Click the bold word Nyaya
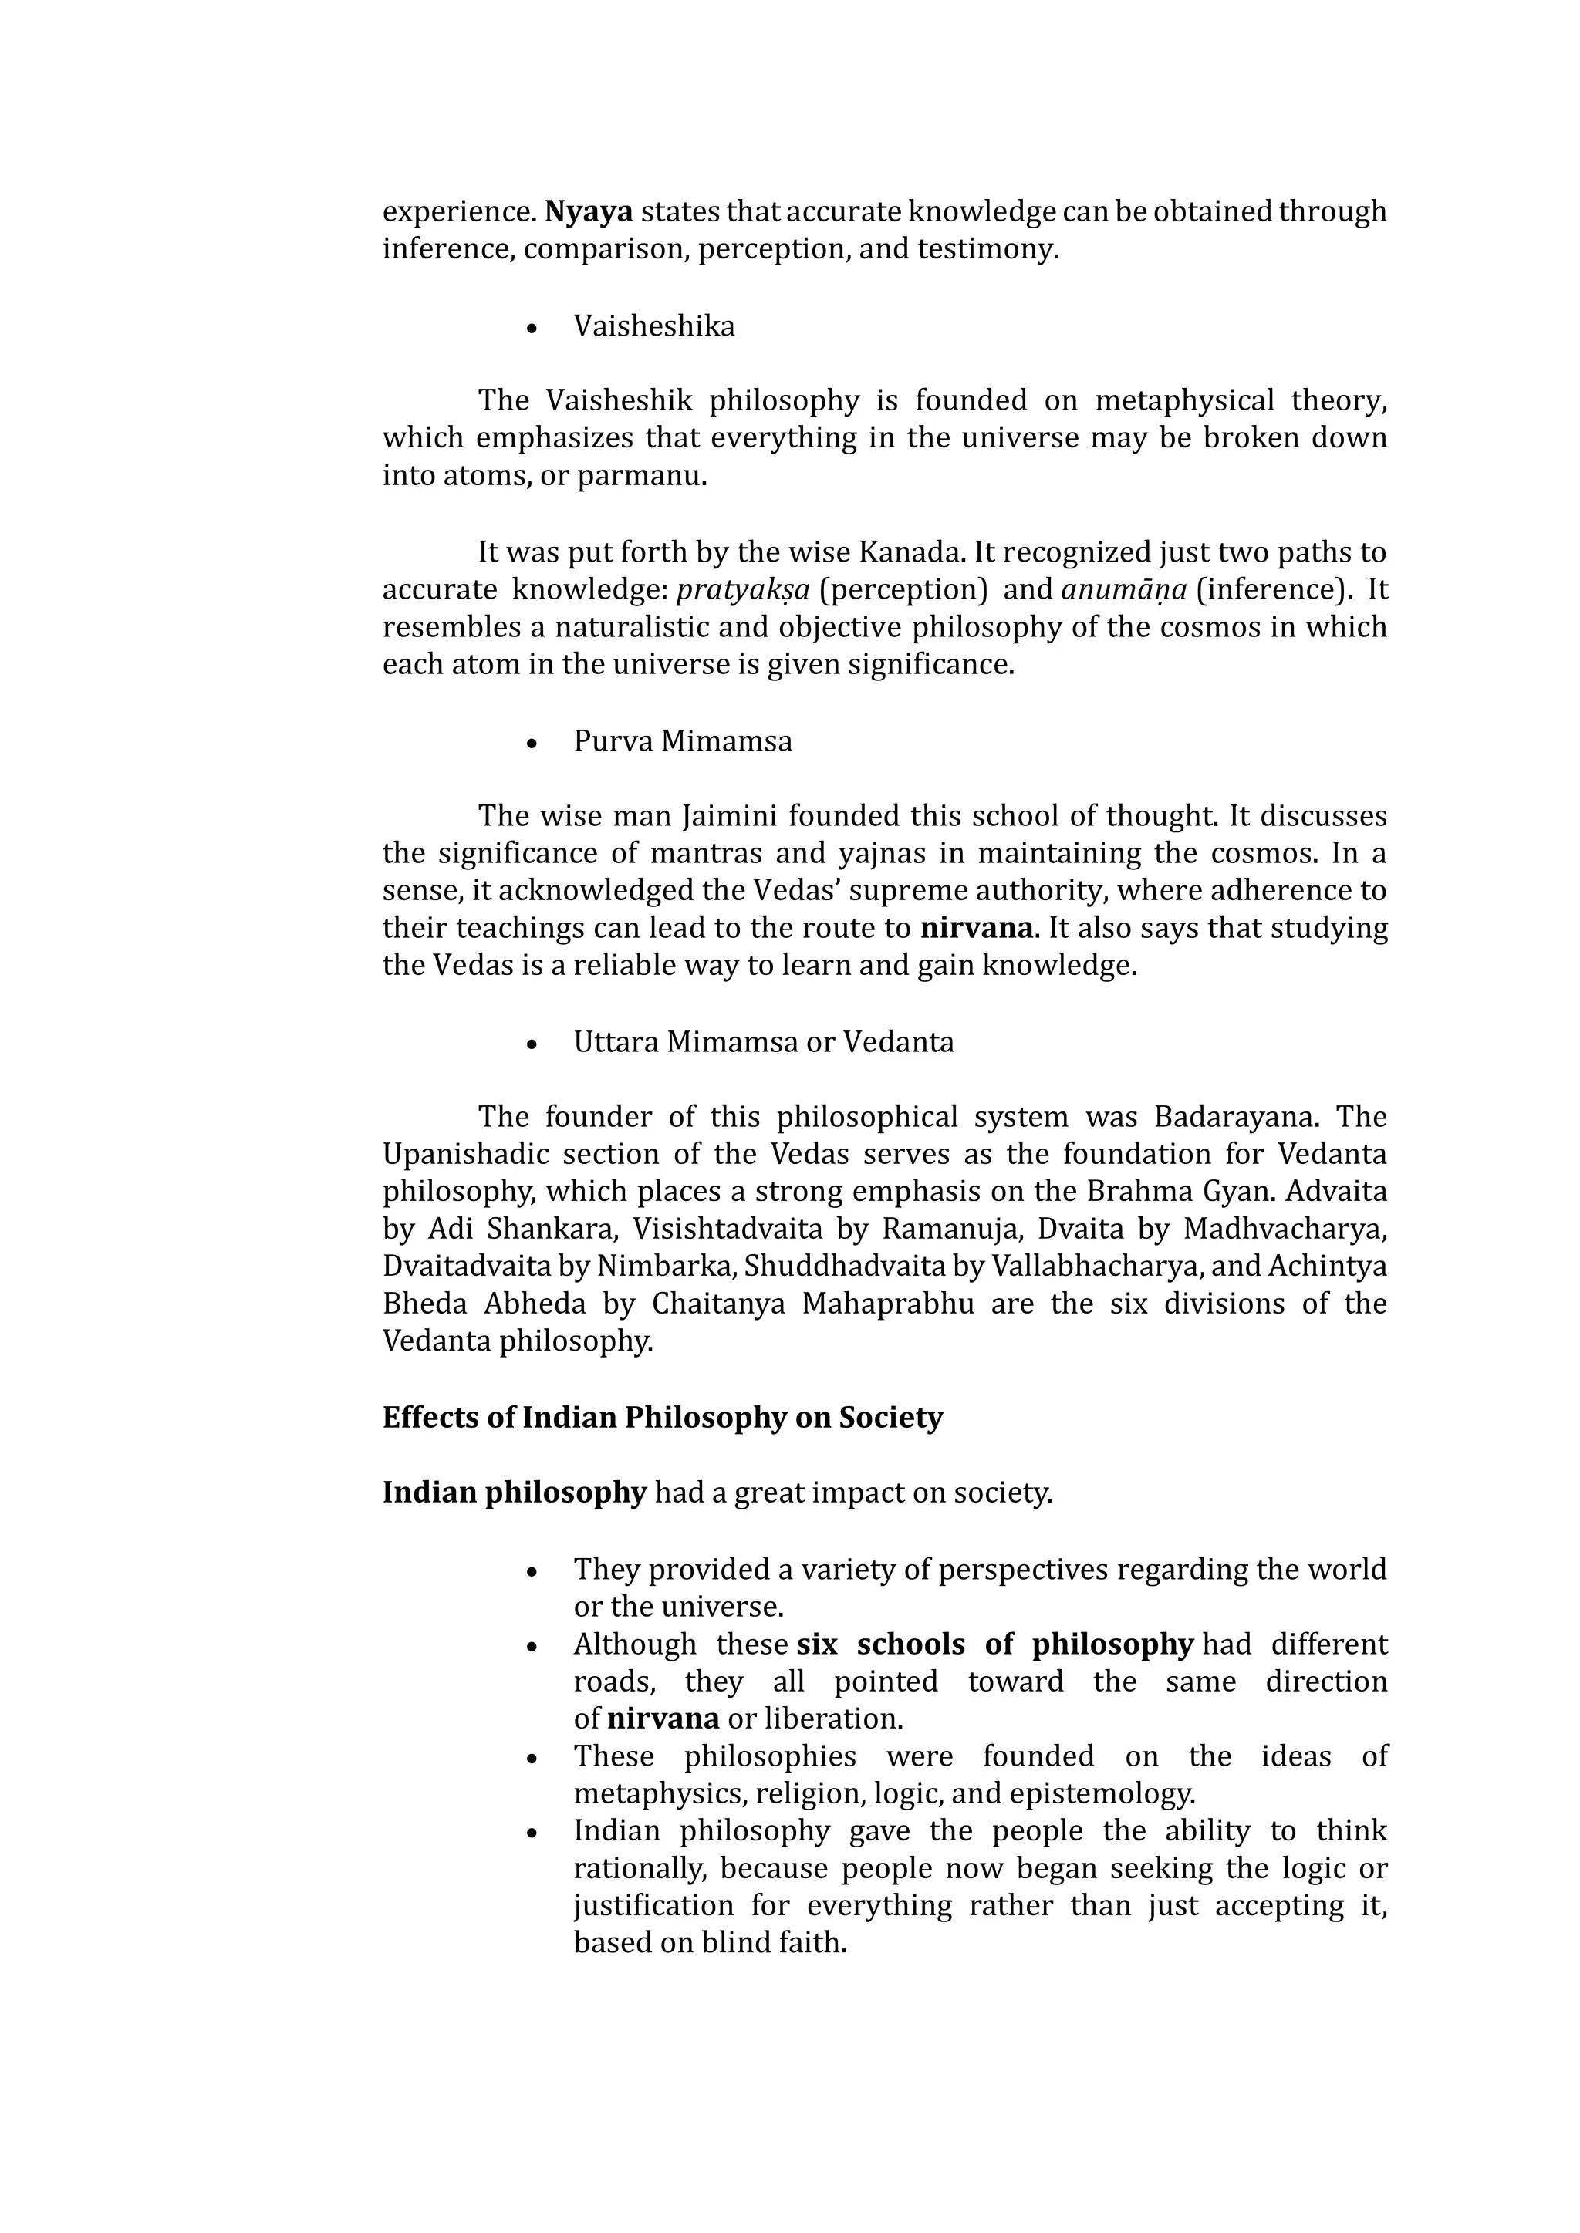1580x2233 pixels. pos(589,211)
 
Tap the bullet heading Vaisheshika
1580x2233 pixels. pos(653,326)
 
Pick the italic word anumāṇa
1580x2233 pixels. pos(1124,590)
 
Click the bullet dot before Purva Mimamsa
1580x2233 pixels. pos(532,743)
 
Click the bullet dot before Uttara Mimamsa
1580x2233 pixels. pos(532,1044)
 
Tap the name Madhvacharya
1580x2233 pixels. pos(1285,1229)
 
